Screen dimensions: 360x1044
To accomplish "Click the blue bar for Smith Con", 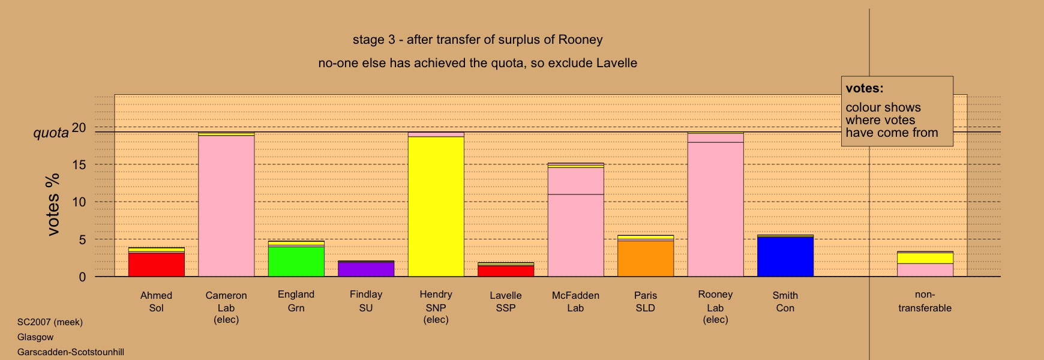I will (x=785, y=257).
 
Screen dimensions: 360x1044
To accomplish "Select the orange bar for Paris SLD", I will (x=646, y=259).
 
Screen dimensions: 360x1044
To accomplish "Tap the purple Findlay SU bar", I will (x=366, y=269).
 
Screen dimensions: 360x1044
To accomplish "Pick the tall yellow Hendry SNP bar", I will (x=436, y=207).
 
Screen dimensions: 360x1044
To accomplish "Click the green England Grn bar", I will (x=296, y=262).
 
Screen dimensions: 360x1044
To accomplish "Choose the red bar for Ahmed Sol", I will (x=156, y=265).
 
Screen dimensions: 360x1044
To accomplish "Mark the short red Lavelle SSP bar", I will (x=506, y=271).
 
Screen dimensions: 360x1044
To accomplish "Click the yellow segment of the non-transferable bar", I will (x=925, y=258).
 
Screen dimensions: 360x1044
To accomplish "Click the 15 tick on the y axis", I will (x=79, y=165).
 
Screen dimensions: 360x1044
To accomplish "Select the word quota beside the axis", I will (x=51, y=133).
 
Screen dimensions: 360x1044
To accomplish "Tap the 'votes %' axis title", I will (x=53, y=204).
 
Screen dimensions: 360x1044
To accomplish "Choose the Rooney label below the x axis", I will (x=715, y=295).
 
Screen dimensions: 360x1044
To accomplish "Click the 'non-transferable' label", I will (x=925, y=301).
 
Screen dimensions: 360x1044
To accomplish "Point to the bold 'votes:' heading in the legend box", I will (x=865, y=88).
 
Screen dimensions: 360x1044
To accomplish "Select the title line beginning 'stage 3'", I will (x=478, y=40).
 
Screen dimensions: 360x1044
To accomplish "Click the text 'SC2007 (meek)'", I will (x=50, y=322).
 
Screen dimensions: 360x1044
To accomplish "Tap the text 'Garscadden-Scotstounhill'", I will (x=71, y=352).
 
